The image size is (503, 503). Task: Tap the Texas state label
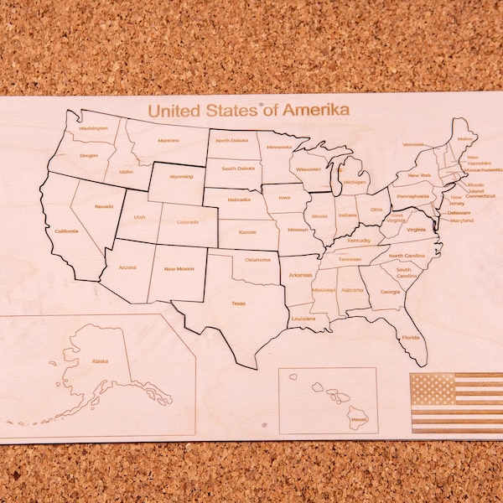[239, 303]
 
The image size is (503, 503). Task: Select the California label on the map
[67, 231]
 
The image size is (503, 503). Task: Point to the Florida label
[410, 337]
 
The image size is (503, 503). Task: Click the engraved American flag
[457, 402]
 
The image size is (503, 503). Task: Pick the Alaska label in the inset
[100, 361]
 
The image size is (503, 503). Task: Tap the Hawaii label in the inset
[358, 418]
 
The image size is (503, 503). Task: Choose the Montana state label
[169, 140]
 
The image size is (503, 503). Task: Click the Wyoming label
[181, 177]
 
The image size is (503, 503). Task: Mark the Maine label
[465, 138]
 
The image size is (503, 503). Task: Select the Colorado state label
[188, 222]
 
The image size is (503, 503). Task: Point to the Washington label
[93, 128]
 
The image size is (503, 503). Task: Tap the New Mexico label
[179, 268]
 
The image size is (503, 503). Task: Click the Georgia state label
[390, 292]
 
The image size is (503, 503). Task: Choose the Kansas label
[247, 232]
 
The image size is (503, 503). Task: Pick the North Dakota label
[231, 141]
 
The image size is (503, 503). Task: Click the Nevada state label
[104, 206]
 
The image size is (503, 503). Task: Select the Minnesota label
[279, 147]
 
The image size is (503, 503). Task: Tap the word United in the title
[171, 110]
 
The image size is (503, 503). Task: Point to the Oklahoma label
[257, 259]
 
